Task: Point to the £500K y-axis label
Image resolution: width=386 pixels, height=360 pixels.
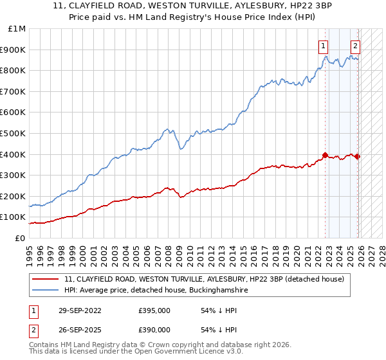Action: pyautogui.click(x=14, y=134)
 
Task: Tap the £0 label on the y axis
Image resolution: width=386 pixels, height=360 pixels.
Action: pyautogui.click(x=21, y=238)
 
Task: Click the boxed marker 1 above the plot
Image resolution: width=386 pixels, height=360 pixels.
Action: pyautogui.click(x=322, y=46)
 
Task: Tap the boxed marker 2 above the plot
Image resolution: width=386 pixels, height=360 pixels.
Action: pyautogui.click(x=355, y=46)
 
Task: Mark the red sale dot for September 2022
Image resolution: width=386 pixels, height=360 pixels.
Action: pyautogui.click(x=326, y=155)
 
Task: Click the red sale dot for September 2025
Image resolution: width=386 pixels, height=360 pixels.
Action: pyautogui.click(x=357, y=156)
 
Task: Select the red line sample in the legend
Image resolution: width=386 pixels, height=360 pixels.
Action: pyautogui.click(x=46, y=279)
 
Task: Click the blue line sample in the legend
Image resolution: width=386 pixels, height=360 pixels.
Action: pyautogui.click(x=46, y=290)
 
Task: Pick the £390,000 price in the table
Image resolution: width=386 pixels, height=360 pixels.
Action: pyautogui.click(x=154, y=329)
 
